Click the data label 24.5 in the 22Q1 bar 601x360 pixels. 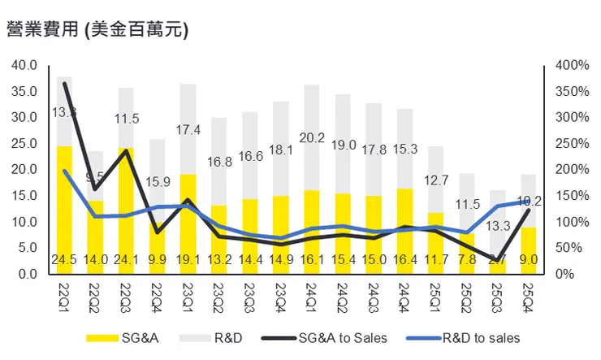[64, 260]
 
